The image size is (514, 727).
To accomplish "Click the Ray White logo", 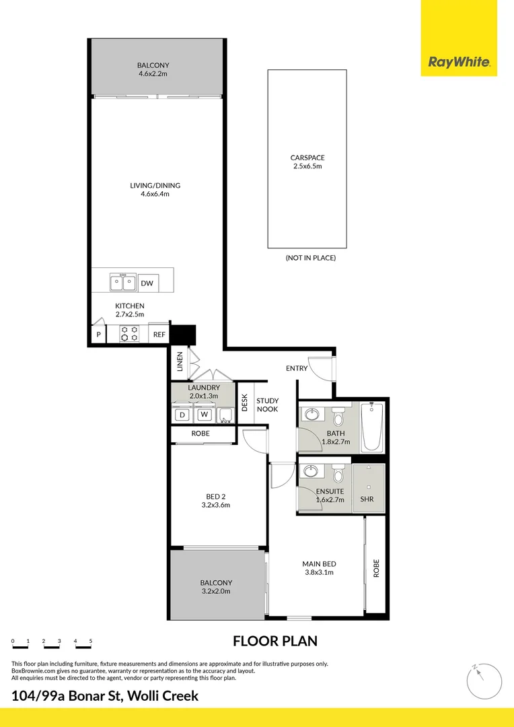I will (x=460, y=63).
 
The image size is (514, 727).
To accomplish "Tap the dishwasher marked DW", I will (x=147, y=283).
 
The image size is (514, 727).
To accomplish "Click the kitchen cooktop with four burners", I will (x=129, y=333).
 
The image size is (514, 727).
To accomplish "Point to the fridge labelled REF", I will (x=159, y=334).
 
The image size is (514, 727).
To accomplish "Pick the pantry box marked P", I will (x=99, y=335).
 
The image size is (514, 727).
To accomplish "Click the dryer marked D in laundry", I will (x=182, y=415).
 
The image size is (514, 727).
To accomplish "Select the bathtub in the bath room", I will (x=371, y=427).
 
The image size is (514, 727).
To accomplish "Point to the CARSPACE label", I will (x=307, y=158).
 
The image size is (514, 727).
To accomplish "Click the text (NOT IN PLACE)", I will (x=310, y=258).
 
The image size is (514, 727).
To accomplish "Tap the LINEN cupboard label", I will (x=180, y=362).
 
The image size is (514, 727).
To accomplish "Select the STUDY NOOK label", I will (x=267, y=405).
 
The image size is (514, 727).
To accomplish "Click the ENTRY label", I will (x=297, y=368).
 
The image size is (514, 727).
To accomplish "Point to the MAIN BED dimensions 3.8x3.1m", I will (x=320, y=573).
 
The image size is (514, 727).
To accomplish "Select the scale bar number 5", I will (x=90, y=641).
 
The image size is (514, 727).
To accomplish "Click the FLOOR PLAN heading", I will (x=274, y=641).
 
